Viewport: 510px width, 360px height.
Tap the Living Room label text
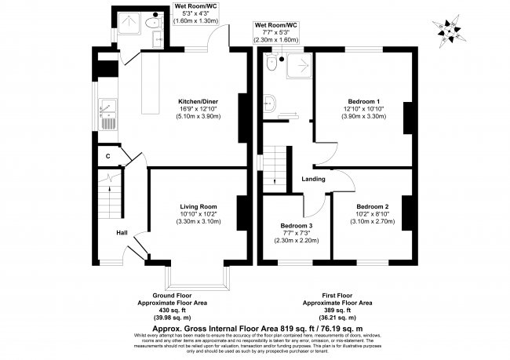pyautogui.click(x=198, y=206)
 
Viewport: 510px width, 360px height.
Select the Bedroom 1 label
pyautogui.click(x=363, y=101)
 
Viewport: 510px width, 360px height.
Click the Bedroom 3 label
pyautogui.click(x=295, y=225)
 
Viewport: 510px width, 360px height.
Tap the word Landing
pyautogui.click(x=314, y=179)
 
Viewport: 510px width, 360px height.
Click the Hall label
pyautogui.click(x=122, y=233)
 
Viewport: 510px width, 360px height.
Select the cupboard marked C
pyautogui.click(x=107, y=157)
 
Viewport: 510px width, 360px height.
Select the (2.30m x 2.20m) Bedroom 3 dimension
pyautogui.click(x=295, y=240)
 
